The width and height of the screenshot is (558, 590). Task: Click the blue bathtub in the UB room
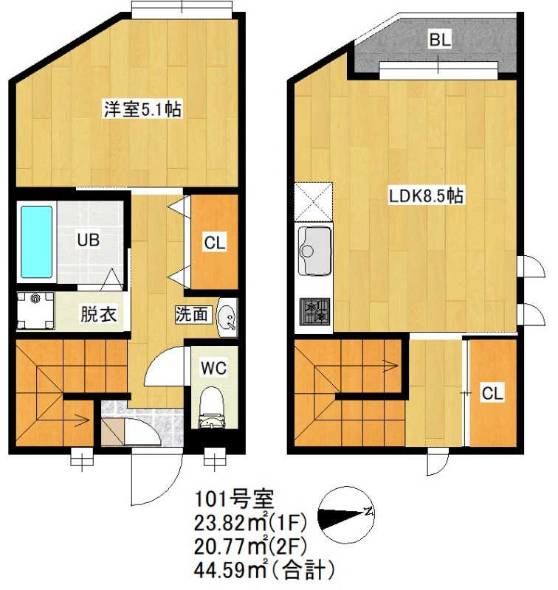coord(36,241)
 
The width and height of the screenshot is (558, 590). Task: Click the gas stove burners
coord(315,313)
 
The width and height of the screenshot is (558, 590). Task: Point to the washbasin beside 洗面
coord(228,316)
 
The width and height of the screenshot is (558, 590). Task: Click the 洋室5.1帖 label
coord(142,110)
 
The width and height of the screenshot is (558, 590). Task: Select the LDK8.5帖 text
coord(426,196)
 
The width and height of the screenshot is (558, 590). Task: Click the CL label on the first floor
coord(215,241)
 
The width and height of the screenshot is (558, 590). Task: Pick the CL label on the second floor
coord(492,393)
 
